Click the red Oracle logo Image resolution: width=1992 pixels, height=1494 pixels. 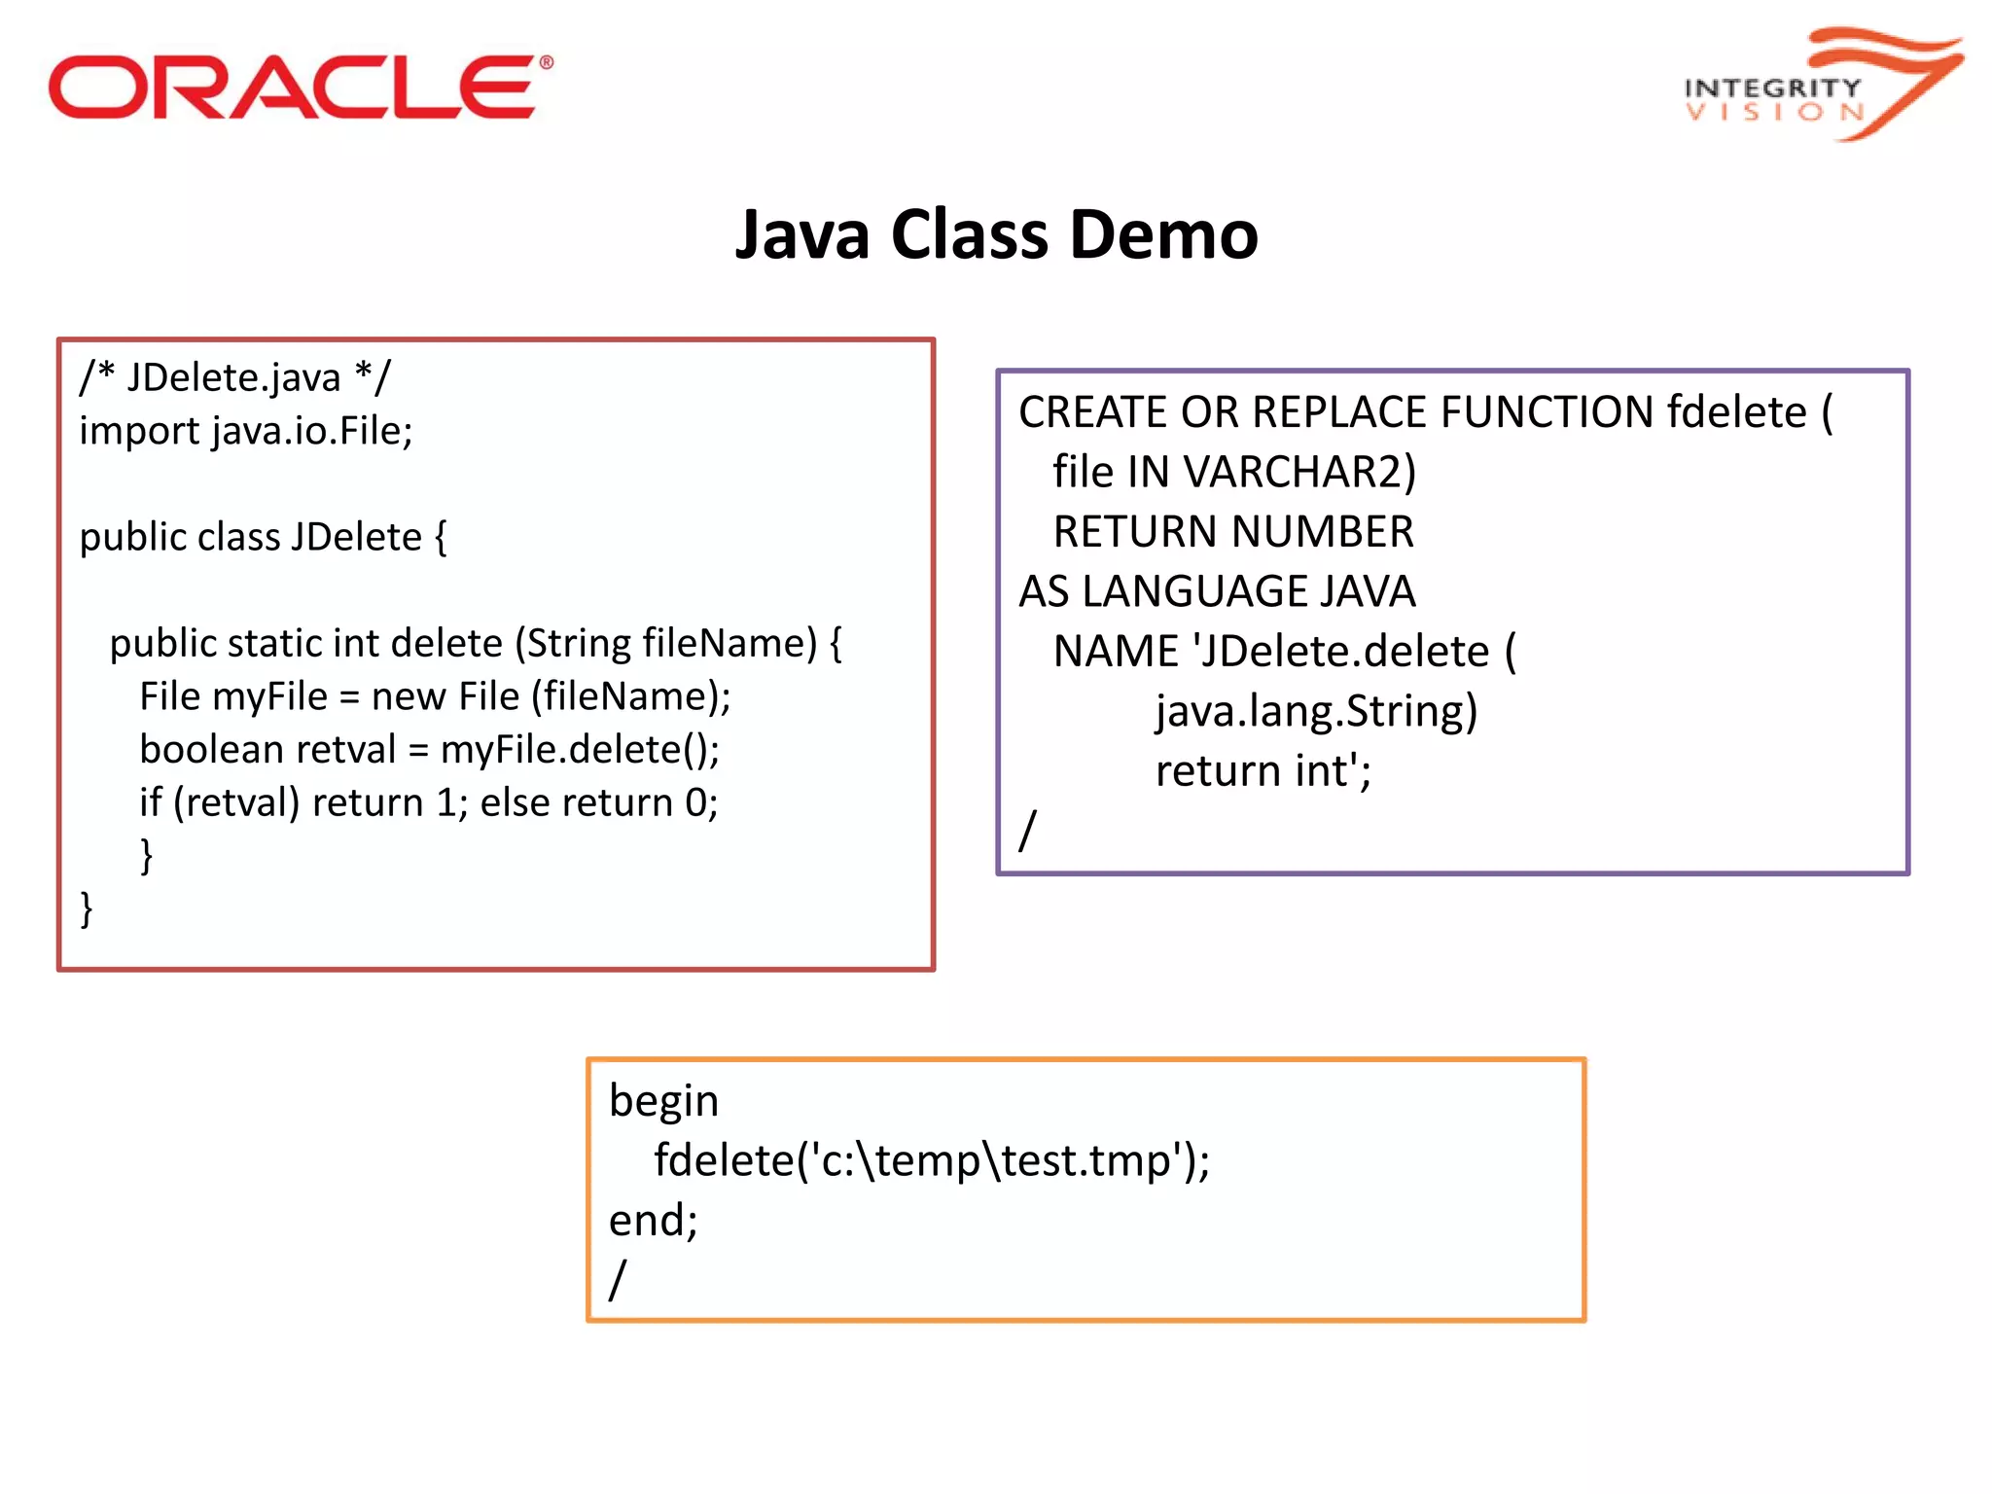(x=300, y=88)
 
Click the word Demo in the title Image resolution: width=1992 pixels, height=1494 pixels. (x=1163, y=235)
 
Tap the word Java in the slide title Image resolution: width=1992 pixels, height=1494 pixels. (x=801, y=235)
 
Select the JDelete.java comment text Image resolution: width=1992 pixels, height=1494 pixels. (x=233, y=377)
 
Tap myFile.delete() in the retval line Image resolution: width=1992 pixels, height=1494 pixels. (x=578, y=750)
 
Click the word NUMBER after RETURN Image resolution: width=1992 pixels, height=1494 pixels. (x=1323, y=532)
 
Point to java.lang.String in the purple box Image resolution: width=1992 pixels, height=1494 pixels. (x=1316, y=711)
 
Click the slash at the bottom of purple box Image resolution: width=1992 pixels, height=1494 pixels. (x=1027, y=830)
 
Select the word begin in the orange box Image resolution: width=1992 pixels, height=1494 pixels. (x=663, y=1101)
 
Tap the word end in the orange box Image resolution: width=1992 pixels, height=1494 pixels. (x=646, y=1221)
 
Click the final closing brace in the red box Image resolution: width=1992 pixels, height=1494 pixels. (x=87, y=909)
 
